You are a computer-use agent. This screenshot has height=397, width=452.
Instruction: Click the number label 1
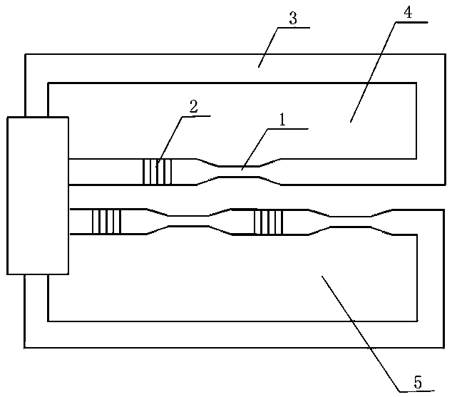[x=282, y=121]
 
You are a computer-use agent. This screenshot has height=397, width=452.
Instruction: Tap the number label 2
[x=192, y=106]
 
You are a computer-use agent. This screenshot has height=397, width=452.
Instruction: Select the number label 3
[x=292, y=19]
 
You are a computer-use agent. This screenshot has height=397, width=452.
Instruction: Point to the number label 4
[x=409, y=13]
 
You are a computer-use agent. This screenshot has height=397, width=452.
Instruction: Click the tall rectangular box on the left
[x=38, y=196]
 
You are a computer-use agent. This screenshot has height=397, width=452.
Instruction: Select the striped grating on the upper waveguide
[x=157, y=172]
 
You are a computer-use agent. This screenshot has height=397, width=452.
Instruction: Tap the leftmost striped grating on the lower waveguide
[x=107, y=221]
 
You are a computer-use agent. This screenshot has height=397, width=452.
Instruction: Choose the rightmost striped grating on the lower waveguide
[x=269, y=222]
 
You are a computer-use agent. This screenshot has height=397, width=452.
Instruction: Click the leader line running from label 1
[x=255, y=147]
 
